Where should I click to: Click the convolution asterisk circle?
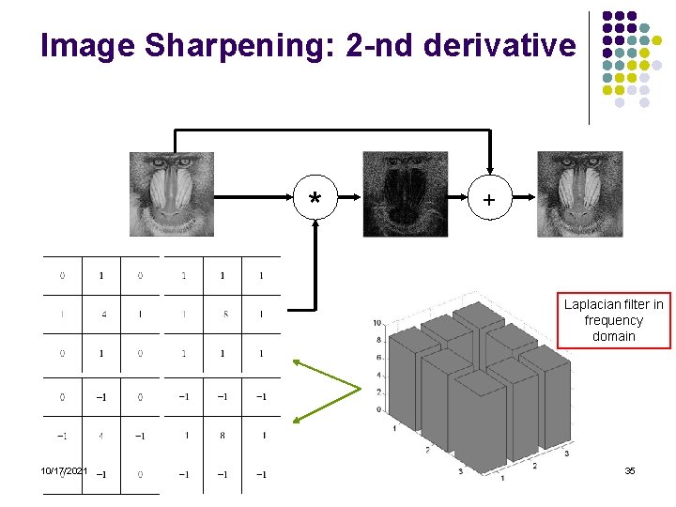point(316,198)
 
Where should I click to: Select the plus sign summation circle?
point(489,198)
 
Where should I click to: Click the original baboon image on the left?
point(172,193)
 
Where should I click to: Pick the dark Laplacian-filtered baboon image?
point(406,193)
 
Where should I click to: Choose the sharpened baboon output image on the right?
point(579,193)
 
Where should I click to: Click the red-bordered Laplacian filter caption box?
point(614,320)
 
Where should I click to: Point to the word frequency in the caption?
point(614,320)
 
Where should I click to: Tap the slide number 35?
point(630,470)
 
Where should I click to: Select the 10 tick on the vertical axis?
point(376,323)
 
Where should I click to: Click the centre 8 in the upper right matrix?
point(225,315)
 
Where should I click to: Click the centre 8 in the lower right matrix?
point(223,436)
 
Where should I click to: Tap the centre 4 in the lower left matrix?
point(102,436)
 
